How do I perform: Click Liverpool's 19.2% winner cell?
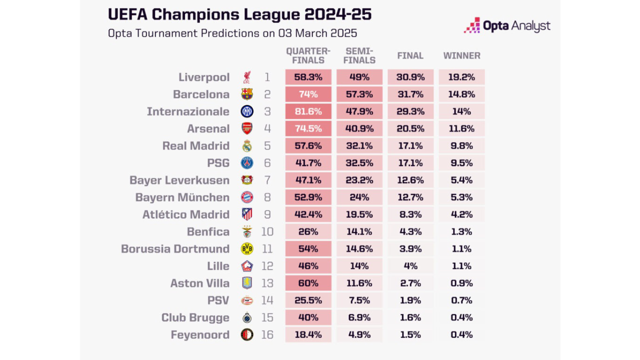461,77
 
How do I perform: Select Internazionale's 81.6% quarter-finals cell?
308,111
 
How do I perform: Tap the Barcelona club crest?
247,94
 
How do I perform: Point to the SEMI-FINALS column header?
359,55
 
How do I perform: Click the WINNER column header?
461,55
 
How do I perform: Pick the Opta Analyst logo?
507,25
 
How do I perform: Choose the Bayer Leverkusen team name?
179,180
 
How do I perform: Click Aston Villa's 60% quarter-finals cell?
308,283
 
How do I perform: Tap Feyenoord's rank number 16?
267,334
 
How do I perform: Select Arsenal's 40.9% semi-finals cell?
359,128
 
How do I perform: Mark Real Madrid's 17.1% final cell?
410,145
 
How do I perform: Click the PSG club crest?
247,163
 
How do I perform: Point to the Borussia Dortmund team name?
175,248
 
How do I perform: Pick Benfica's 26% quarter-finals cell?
308,231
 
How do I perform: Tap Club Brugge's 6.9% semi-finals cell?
359,317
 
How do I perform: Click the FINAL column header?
410,55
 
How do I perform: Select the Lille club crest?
247,266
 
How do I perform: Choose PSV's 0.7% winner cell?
461,300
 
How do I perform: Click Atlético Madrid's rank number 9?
267,214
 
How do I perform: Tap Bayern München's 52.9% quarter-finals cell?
308,197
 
